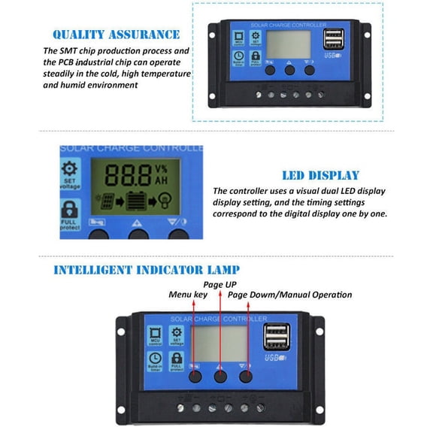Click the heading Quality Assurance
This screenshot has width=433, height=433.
[x=116, y=34]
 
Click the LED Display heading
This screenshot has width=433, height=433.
[x=320, y=175]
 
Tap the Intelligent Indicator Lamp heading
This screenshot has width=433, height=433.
[x=147, y=269]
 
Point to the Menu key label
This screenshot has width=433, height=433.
[x=187, y=295]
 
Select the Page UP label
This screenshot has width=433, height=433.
[x=220, y=285]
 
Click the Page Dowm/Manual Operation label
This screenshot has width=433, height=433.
[x=289, y=295]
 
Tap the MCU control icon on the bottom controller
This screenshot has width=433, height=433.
[x=157, y=336]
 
